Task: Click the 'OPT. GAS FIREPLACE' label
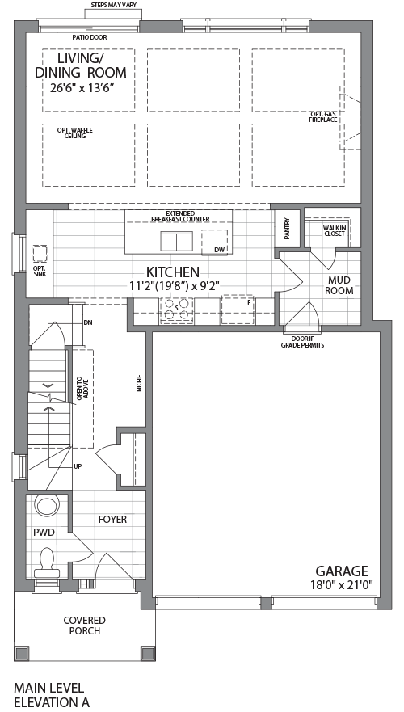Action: (x=322, y=116)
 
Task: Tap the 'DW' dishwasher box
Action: (x=218, y=249)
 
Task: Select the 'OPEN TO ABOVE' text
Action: (x=80, y=389)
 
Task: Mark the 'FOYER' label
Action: (x=112, y=519)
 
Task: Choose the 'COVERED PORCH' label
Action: (x=85, y=625)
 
